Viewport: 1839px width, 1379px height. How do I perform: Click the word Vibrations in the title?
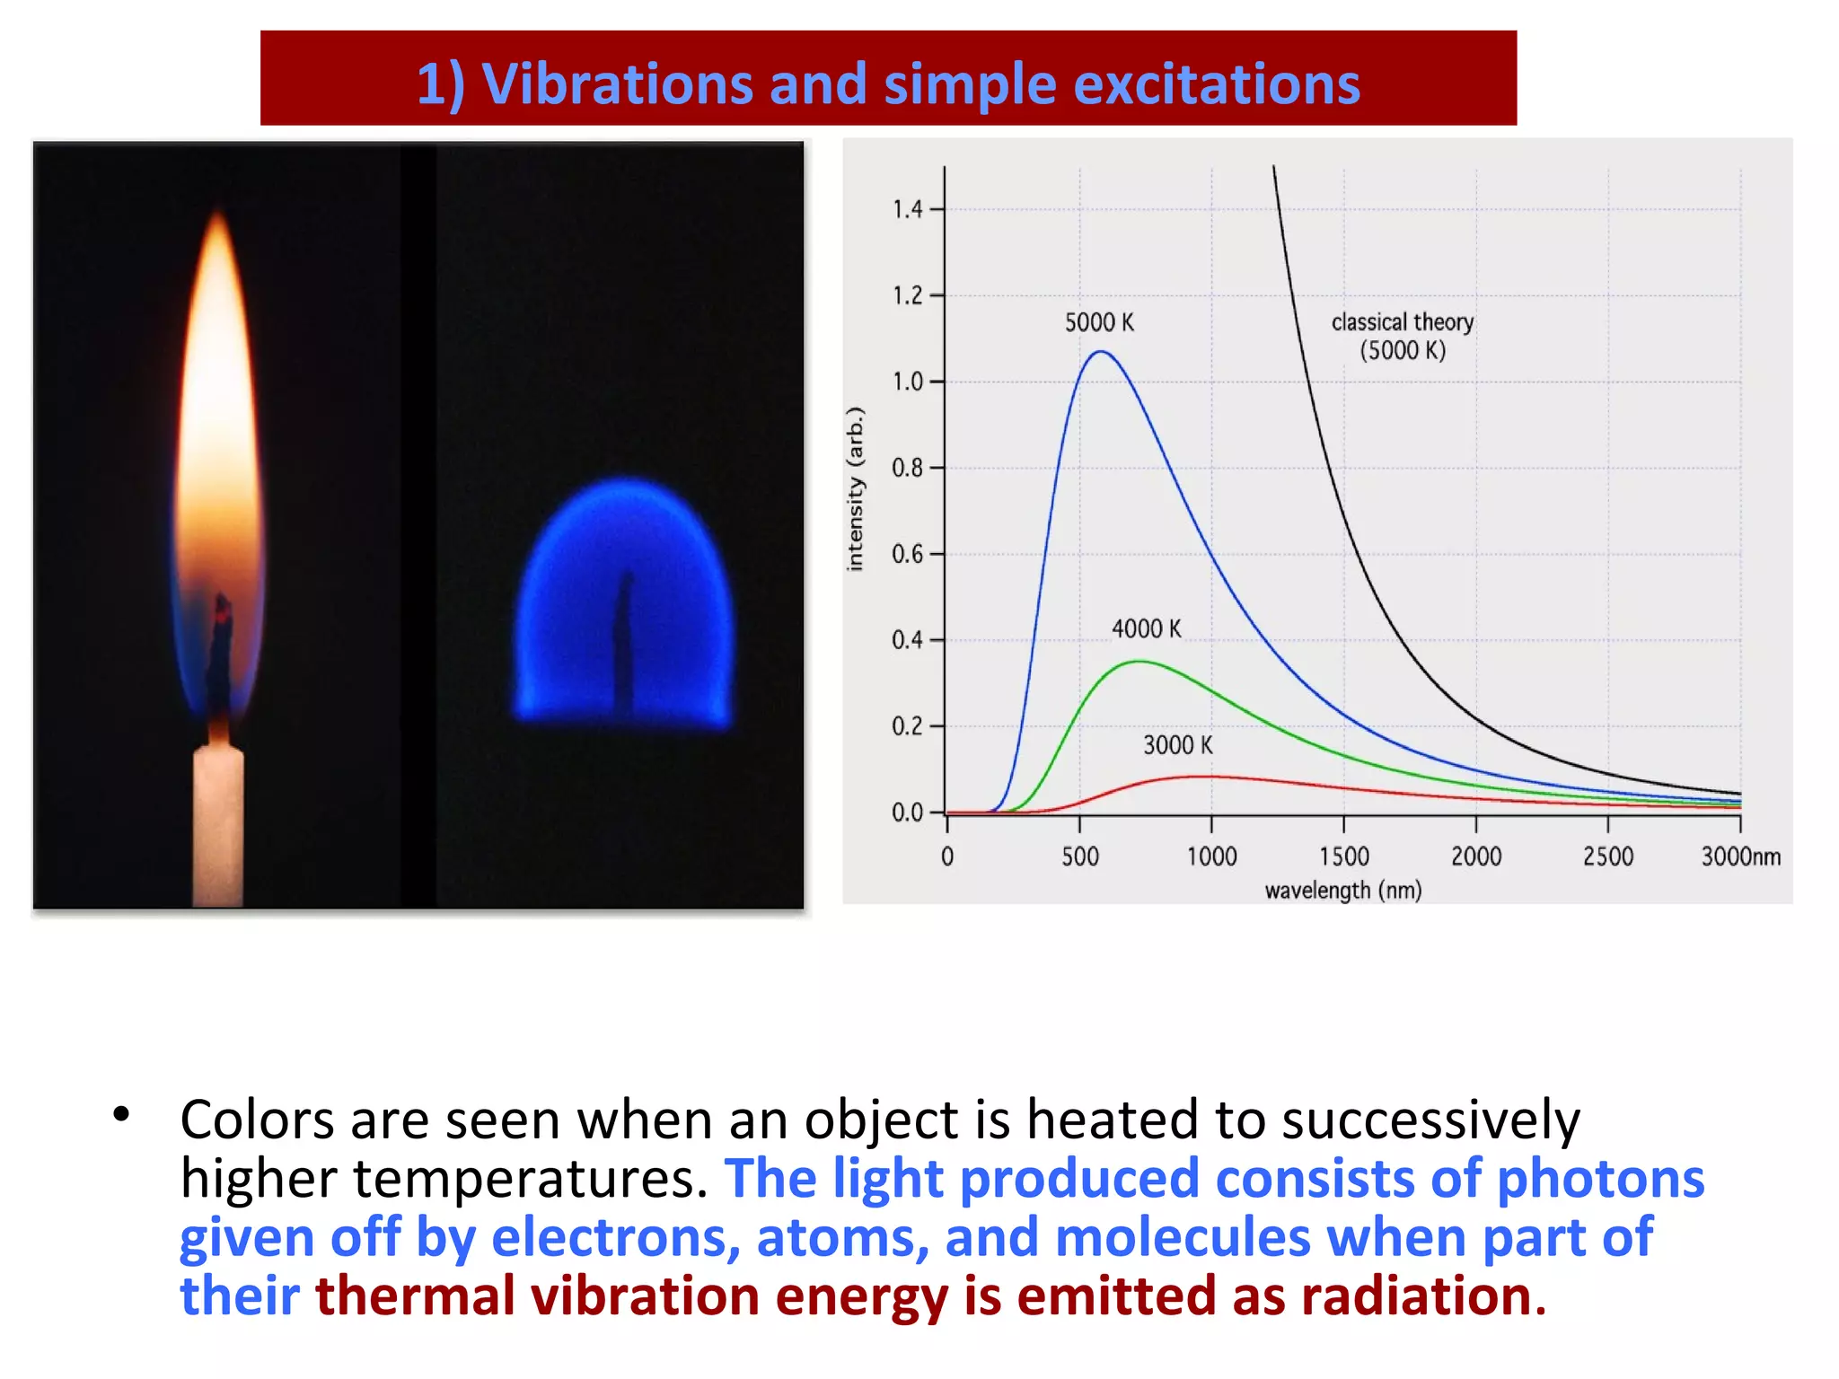(617, 84)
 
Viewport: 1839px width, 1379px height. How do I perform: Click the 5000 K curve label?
(1099, 322)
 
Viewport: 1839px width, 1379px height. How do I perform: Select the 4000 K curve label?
(1146, 628)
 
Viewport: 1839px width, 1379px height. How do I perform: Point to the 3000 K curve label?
(1177, 745)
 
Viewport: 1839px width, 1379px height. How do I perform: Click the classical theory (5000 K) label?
(1402, 336)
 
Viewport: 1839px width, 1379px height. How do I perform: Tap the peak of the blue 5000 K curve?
(1101, 352)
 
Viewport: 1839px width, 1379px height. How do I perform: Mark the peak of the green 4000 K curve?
(1139, 662)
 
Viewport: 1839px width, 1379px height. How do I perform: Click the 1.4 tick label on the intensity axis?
(907, 209)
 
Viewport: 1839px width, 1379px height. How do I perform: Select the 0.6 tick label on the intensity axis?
(907, 554)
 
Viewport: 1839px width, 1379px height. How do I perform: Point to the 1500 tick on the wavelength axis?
(1343, 856)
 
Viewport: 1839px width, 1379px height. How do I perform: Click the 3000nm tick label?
(1740, 856)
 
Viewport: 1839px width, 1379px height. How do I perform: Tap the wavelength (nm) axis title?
(1342, 891)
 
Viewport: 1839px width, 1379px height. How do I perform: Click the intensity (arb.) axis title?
(855, 489)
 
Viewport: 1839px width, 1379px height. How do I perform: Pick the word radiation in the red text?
(1423, 1296)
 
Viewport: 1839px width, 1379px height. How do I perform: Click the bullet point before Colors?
(122, 1115)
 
